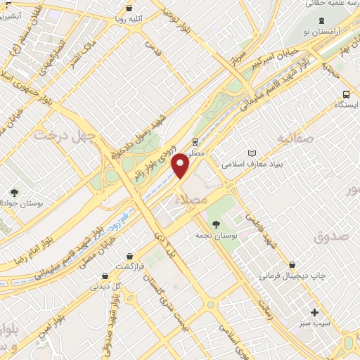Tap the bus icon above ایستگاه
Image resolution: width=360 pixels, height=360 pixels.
click(346, 94)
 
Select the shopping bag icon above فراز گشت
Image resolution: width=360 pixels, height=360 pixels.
click(129, 256)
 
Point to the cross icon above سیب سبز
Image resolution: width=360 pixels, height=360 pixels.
click(314, 311)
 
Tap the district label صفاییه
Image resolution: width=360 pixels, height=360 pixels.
click(293, 136)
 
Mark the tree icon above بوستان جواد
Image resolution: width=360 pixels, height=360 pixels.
click(14, 191)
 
